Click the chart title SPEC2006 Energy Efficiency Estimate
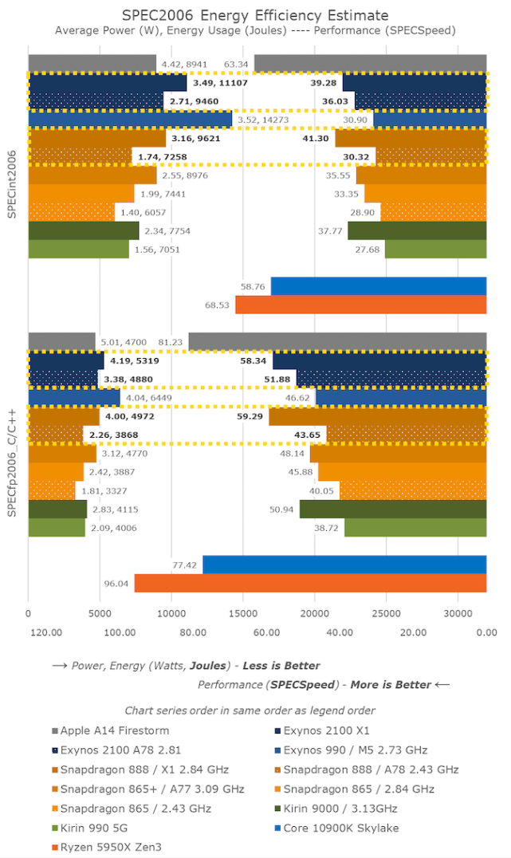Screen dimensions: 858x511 [x=255, y=15]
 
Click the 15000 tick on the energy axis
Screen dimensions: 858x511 [x=243, y=614]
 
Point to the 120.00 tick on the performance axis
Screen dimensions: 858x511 [x=46, y=632]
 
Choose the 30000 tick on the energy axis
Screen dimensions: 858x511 [x=458, y=614]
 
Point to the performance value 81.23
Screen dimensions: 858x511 [x=171, y=342]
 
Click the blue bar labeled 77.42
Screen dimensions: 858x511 [x=344, y=565]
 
